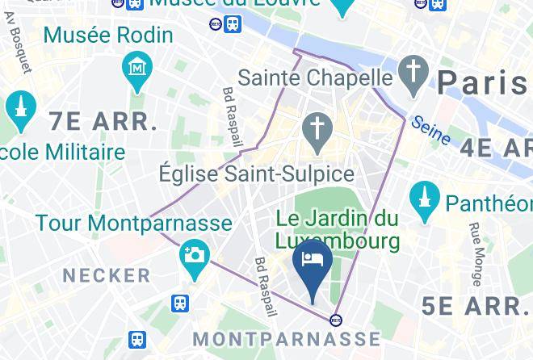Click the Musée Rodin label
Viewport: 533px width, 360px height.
pyautogui.click(x=108, y=36)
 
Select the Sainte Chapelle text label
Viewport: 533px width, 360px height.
pyautogui.click(x=315, y=79)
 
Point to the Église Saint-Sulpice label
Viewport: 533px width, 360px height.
pyautogui.click(x=256, y=174)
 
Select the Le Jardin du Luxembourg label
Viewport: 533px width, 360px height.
pyautogui.click(x=338, y=229)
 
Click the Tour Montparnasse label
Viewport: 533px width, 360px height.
pyautogui.click(x=133, y=223)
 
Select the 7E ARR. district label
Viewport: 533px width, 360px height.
pyautogui.click(x=103, y=122)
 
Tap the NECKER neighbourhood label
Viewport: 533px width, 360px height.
pyautogui.click(x=107, y=275)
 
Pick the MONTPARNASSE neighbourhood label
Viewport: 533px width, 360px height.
pyautogui.click(x=287, y=338)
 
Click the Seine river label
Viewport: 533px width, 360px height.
pyautogui.click(x=430, y=131)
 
